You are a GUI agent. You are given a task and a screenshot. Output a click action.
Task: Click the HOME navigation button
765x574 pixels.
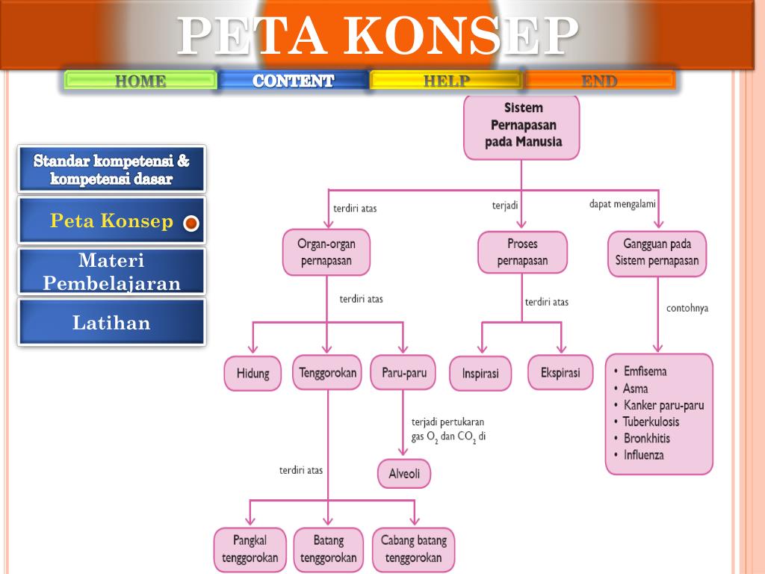coord(140,81)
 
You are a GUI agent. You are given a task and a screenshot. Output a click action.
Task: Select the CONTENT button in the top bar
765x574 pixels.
coord(294,81)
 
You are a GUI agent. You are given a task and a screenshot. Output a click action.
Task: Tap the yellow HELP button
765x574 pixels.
coord(446,81)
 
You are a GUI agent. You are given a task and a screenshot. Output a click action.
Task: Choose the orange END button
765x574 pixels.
coord(599,81)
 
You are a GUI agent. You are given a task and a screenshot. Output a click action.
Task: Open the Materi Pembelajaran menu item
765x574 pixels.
coord(111,272)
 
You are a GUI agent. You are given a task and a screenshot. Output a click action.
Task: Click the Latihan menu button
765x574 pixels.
coord(111,323)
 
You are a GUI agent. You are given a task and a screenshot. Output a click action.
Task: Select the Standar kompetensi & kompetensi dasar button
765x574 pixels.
coord(111,170)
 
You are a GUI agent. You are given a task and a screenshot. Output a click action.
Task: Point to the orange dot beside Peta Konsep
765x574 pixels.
coord(191,223)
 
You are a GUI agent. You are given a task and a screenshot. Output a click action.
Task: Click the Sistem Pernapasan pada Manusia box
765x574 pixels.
coord(522,125)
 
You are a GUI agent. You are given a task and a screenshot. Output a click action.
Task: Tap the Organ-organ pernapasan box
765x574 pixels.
coord(326,253)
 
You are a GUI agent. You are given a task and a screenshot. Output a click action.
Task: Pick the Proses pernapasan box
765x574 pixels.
coord(522,253)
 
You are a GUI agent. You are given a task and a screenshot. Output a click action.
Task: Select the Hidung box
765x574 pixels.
coord(253,373)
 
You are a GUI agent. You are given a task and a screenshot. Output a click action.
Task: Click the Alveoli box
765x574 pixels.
coord(404,474)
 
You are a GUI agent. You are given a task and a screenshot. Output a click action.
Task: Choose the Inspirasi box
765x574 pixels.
coord(480,373)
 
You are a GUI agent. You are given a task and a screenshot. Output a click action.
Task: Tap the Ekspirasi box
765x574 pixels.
coord(560,372)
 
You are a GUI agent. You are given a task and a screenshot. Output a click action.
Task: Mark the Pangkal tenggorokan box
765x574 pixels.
coord(250,549)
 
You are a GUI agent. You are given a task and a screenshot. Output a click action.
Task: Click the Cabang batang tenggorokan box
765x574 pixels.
coord(413,549)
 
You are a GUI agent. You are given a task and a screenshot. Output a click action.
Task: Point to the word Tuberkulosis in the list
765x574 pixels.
coord(651,422)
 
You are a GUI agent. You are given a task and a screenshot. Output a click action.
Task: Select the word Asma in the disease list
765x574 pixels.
coord(635,389)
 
